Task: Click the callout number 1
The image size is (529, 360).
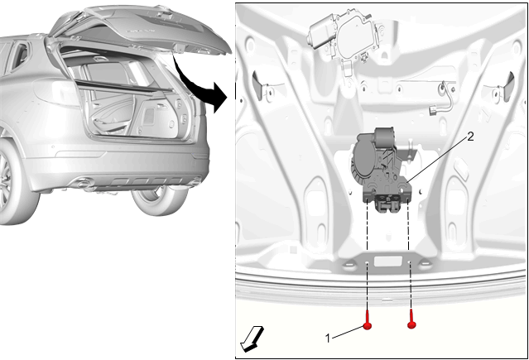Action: click(x=328, y=338)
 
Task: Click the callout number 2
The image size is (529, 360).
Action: click(x=470, y=137)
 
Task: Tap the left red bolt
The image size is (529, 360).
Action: click(x=368, y=319)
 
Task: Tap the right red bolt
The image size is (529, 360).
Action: click(x=411, y=319)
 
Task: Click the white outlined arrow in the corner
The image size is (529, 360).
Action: click(x=252, y=339)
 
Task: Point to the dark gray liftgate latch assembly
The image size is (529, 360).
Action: click(x=383, y=170)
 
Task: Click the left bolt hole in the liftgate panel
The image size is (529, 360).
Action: click(x=368, y=263)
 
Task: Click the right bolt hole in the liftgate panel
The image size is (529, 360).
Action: click(x=410, y=262)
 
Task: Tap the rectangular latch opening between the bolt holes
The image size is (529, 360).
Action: click(x=388, y=262)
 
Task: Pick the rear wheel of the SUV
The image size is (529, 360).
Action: click(x=159, y=199)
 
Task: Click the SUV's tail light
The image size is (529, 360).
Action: click(x=55, y=92)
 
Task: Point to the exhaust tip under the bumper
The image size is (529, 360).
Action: click(x=82, y=185)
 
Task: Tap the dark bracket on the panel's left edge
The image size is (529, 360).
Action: click(x=258, y=85)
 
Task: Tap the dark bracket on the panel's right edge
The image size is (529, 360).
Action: click(x=508, y=87)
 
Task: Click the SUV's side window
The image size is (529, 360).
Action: click(x=17, y=56)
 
